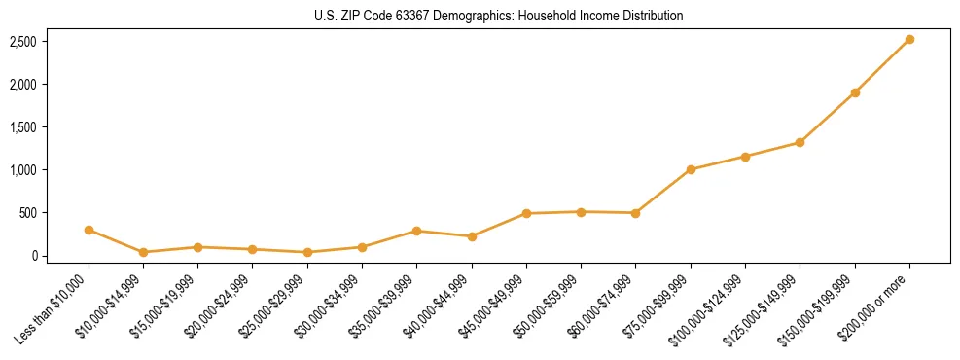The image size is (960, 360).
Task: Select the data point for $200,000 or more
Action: [909, 39]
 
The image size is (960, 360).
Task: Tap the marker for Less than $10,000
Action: [89, 230]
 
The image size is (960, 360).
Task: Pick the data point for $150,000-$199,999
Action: [855, 92]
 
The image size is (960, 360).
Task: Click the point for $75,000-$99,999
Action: [691, 169]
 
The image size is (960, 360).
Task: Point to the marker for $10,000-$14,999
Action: [143, 252]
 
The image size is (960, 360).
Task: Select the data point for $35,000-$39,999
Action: [416, 231]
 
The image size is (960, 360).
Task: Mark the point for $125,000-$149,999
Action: [800, 142]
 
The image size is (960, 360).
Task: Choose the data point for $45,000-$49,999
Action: [526, 213]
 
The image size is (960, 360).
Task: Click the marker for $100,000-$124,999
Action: [745, 156]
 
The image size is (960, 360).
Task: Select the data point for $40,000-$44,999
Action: [472, 236]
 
